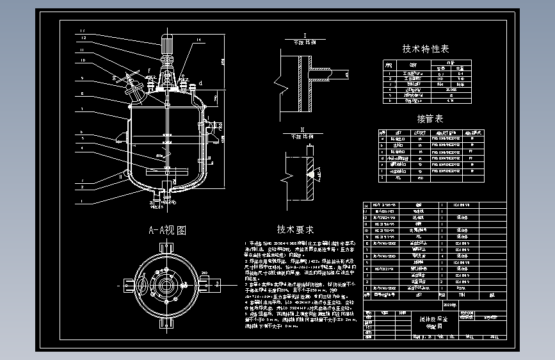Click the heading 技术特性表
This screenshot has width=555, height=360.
click(425, 49)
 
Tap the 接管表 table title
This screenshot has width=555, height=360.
click(430, 119)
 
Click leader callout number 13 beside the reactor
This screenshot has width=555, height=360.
click(83, 31)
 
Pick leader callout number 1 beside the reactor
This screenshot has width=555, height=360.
click(83, 202)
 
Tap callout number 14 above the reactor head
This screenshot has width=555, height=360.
click(198, 40)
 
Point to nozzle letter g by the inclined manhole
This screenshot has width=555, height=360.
click(115, 79)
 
